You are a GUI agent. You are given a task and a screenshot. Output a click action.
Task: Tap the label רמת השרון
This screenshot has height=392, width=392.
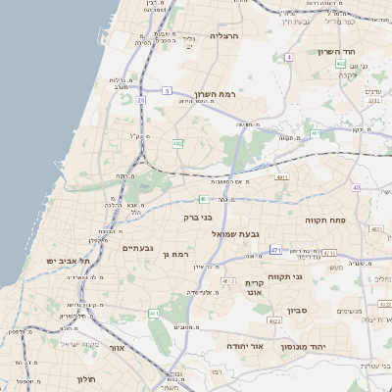[x=216, y=83]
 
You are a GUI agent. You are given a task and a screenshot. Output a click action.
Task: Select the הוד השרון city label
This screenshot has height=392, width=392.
[x=341, y=52]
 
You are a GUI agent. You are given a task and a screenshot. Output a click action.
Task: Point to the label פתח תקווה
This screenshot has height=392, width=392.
[x=327, y=220]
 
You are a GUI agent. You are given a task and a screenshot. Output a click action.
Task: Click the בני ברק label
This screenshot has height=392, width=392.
[x=199, y=218]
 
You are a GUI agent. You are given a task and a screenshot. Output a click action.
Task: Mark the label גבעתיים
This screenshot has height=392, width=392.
[x=137, y=248]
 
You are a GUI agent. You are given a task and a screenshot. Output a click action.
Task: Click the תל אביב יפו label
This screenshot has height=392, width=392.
[x=69, y=262]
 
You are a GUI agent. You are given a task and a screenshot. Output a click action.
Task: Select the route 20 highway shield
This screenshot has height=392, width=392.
[x=141, y=99]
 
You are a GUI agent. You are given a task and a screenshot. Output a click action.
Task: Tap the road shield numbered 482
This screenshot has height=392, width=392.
[x=177, y=143]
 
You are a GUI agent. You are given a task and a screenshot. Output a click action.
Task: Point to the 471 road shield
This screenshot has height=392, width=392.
[x=276, y=250]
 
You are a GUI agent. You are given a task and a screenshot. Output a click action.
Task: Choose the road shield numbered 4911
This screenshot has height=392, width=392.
[x=281, y=177]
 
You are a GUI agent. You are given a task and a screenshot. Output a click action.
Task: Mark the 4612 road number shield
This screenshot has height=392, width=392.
[x=227, y=280]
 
